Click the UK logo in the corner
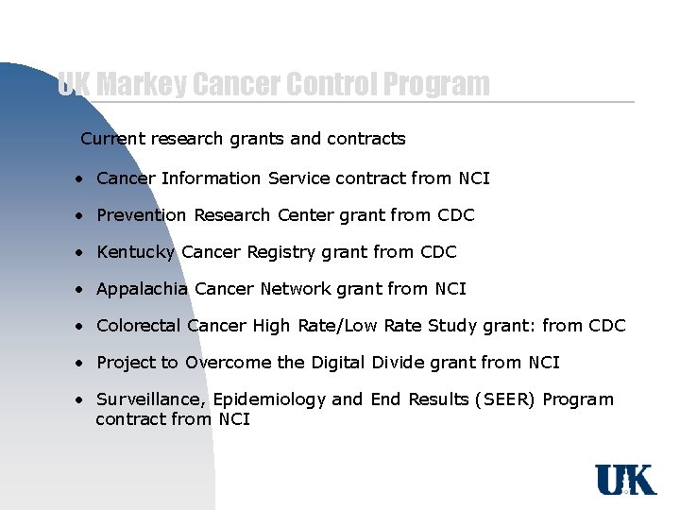625,481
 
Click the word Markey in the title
140,85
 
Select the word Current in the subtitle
113,139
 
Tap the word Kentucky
136,252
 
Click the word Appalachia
142,289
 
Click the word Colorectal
139,326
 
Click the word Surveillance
144,399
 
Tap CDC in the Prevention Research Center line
455,215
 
